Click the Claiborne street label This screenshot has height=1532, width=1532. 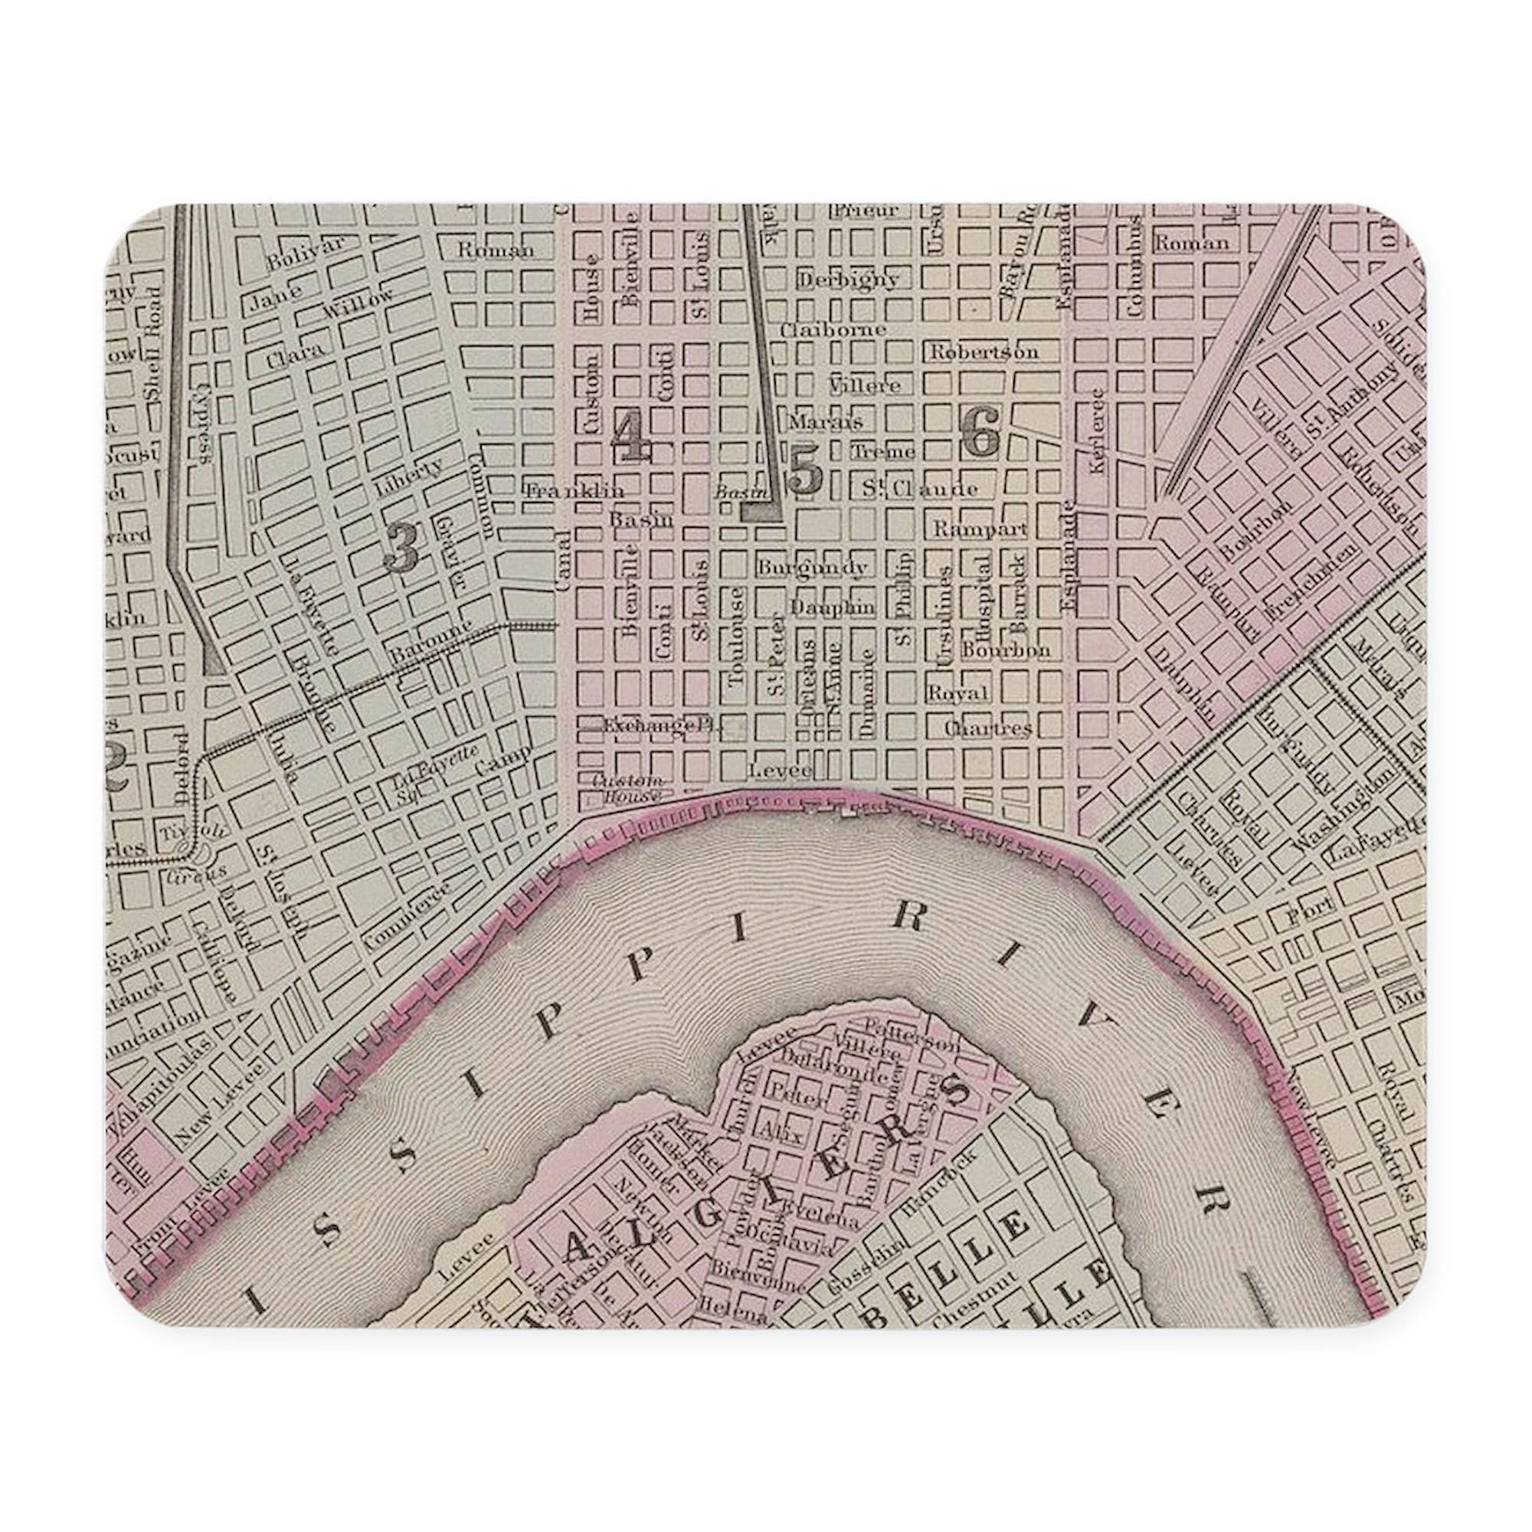pyautogui.click(x=832, y=329)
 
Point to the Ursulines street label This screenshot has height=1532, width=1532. pyautogui.click(x=944, y=617)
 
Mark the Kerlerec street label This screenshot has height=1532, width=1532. pyautogui.click(x=1098, y=430)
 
